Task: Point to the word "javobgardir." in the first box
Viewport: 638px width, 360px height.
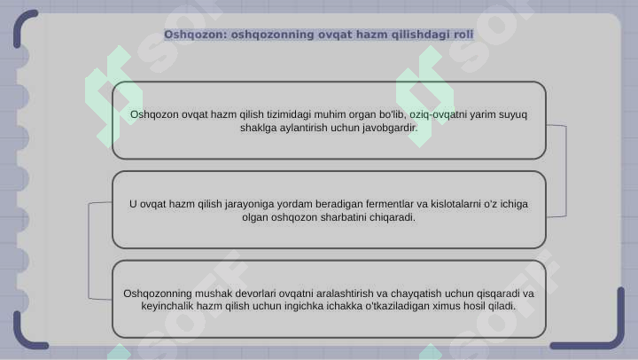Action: [387, 128]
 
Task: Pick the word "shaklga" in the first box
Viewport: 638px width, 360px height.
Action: [258, 128]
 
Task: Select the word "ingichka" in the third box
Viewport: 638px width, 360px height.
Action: [301, 307]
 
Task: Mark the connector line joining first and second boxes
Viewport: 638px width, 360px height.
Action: [565, 170]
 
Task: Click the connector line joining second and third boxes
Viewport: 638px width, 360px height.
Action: [89, 251]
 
